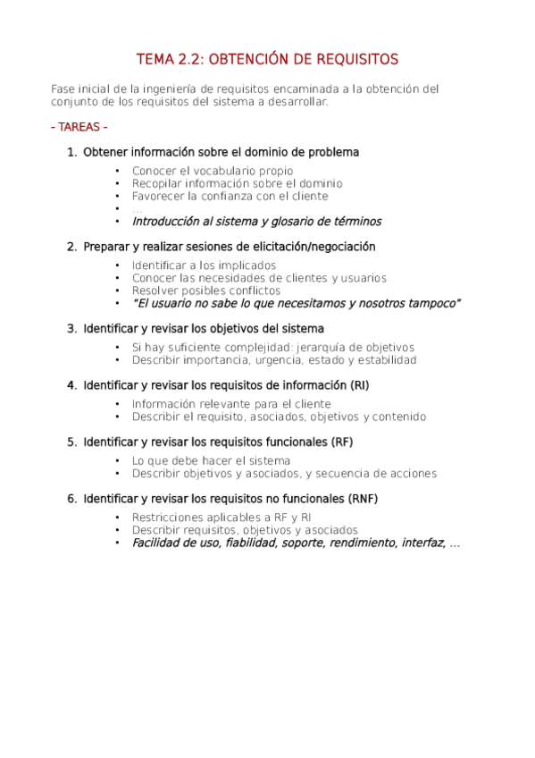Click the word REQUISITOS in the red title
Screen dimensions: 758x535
pyautogui.click(x=355, y=60)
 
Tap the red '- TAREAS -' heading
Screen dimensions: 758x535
pyautogui.click(x=79, y=127)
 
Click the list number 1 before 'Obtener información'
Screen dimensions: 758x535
pyautogui.click(x=71, y=153)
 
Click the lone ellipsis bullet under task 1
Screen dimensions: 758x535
pyautogui.click(x=137, y=208)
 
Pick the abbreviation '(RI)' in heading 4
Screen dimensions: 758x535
pyautogui.click(x=358, y=385)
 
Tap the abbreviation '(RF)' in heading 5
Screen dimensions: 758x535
pyautogui.click(x=341, y=442)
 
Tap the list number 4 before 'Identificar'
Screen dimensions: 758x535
pyautogui.click(x=71, y=385)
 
